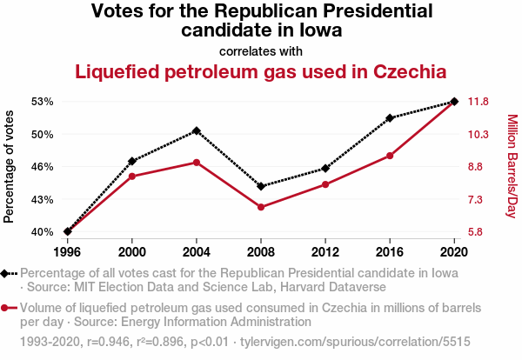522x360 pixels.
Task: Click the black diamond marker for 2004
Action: coord(197,130)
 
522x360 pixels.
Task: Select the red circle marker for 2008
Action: coord(261,207)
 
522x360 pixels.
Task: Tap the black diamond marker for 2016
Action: coord(390,118)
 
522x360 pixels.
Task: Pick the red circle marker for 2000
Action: coord(132,177)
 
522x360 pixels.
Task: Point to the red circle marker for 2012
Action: coord(325,184)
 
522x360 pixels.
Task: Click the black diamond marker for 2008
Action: coord(261,186)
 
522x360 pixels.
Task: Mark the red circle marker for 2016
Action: coord(390,156)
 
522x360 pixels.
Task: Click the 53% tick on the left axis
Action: coord(42,102)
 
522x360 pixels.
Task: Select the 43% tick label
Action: coord(42,199)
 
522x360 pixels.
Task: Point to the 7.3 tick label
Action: coord(478,199)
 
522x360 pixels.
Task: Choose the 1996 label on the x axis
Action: coord(68,251)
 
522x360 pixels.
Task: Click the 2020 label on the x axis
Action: coord(454,251)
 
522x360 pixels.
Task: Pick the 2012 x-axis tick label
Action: coord(325,251)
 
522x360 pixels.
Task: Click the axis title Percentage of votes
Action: coord(10,166)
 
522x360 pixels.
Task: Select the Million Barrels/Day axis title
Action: coord(512,166)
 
